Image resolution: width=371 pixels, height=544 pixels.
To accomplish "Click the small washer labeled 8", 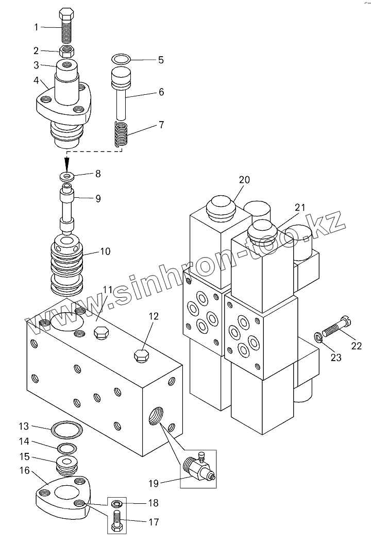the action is tap(68, 177).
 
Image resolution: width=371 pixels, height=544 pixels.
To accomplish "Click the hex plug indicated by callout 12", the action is tap(141, 356).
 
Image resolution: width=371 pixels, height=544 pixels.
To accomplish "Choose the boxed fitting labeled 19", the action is tap(197, 468).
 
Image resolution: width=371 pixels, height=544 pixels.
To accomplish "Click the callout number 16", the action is tap(24, 470).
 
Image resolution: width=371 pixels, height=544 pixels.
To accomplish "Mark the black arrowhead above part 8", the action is tap(67, 163).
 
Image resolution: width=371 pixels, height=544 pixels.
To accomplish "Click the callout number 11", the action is tap(108, 291).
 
